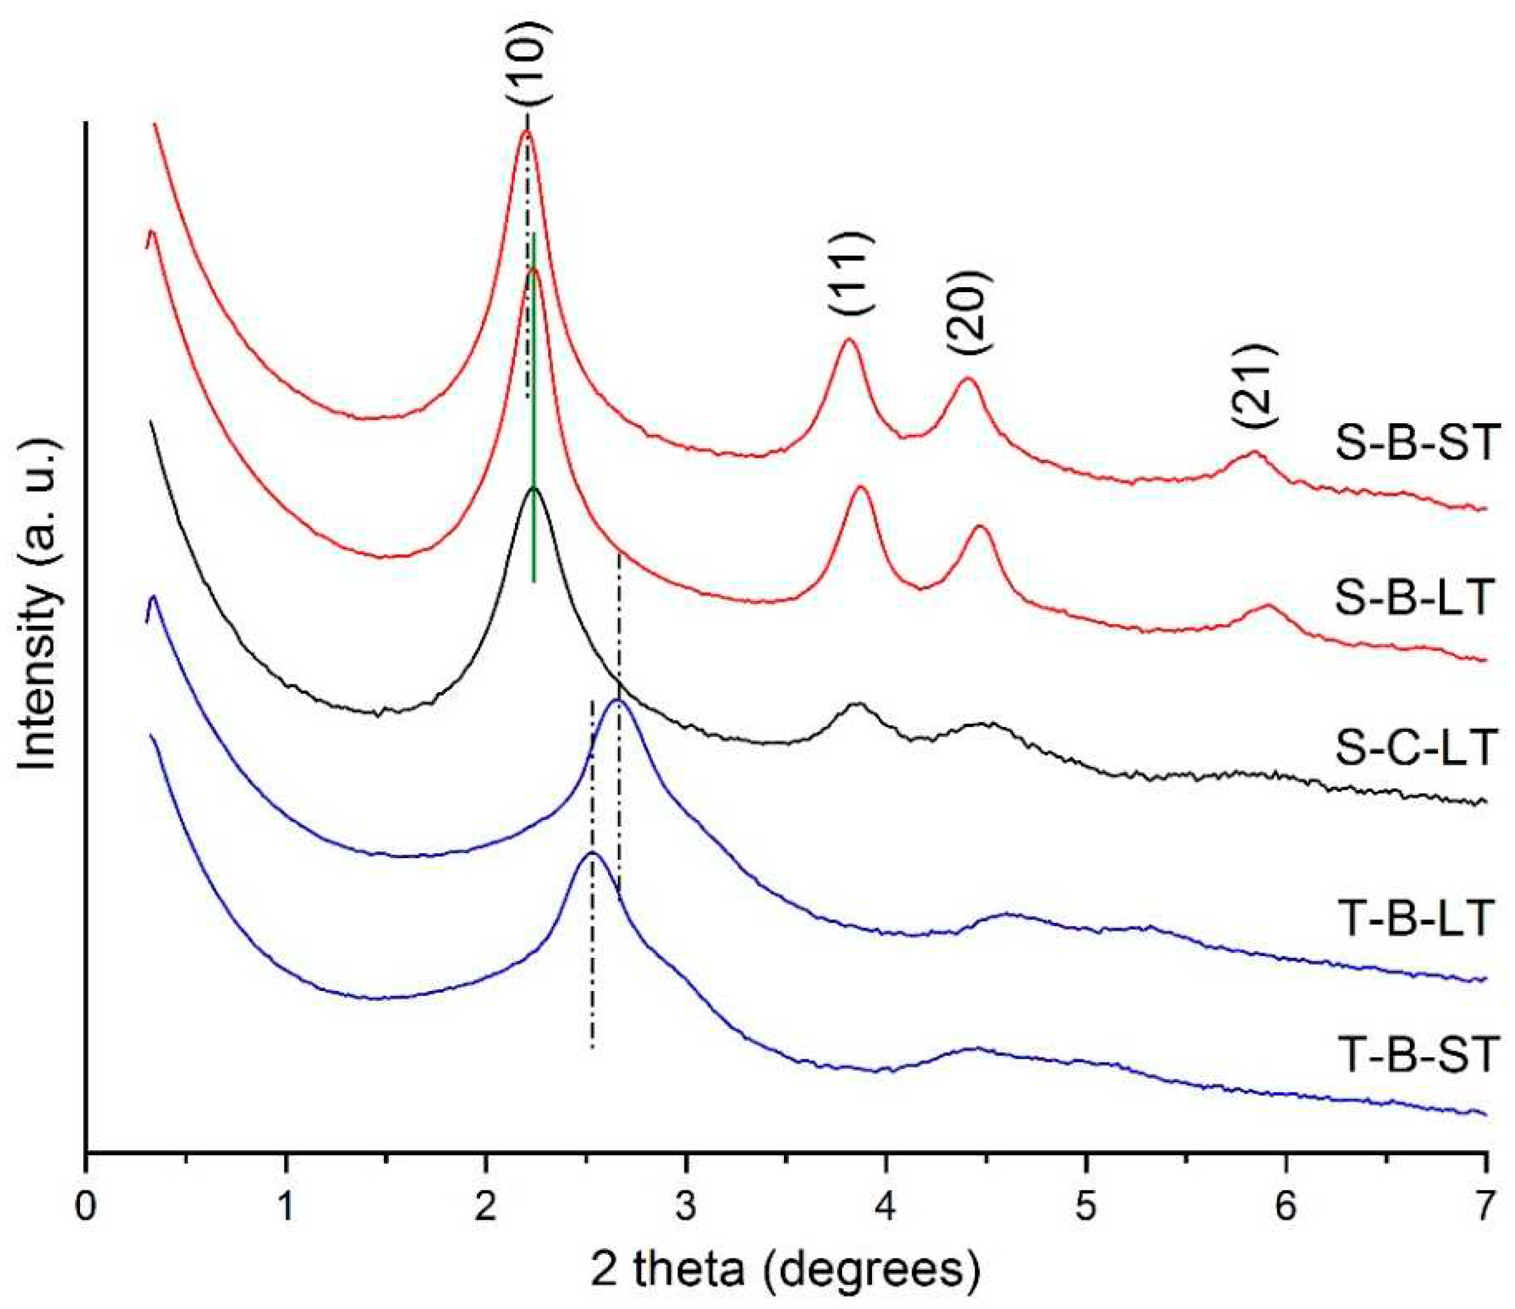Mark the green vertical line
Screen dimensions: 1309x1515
(x=535, y=409)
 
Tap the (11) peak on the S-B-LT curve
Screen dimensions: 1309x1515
(x=861, y=488)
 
